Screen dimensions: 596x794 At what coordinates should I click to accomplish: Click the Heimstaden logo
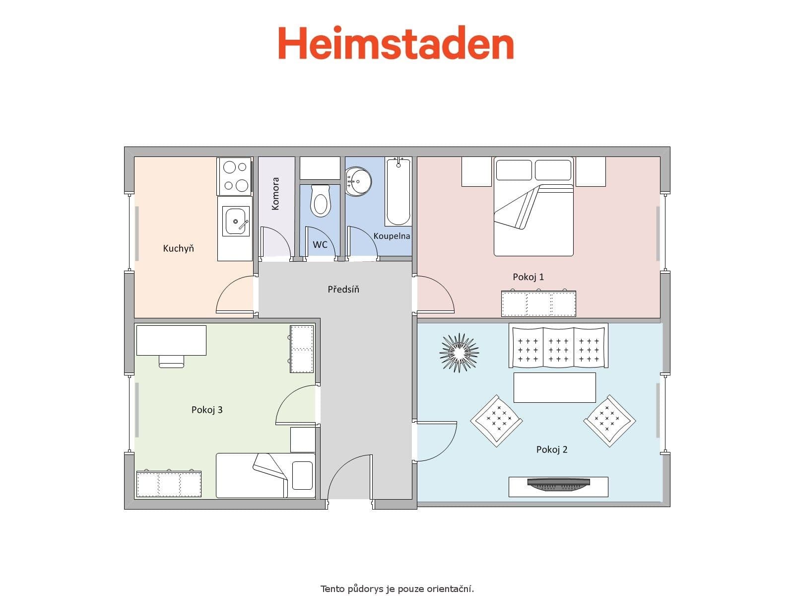click(396, 43)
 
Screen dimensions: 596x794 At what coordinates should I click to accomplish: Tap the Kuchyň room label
click(179, 248)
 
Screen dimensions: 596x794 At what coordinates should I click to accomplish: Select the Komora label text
click(276, 194)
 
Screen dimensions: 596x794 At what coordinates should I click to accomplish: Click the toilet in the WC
click(321, 201)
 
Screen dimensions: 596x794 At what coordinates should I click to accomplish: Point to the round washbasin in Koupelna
click(358, 181)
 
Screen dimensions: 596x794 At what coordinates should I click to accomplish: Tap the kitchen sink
click(235, 221)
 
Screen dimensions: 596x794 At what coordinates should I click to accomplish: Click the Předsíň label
click(343, 289)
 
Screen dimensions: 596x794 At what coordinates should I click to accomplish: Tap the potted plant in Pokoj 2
click(459, 352)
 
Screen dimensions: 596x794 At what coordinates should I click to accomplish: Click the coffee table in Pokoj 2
click(554, 387)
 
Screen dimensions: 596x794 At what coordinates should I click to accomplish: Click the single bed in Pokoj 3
click(265, 475)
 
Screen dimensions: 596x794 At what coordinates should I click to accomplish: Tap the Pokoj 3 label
click(207, 410)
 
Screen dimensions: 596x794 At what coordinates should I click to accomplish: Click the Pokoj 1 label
click(529, 277)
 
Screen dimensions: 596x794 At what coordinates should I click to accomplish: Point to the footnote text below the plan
click(397, 589)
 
